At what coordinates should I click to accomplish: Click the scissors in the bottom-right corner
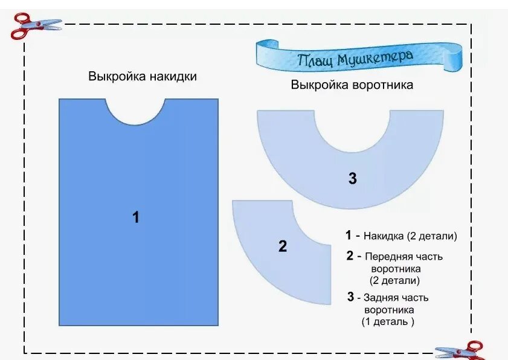462,350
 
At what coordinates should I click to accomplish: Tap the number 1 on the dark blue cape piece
136,217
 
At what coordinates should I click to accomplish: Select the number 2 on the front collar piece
283,246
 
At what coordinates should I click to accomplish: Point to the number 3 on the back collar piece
353,178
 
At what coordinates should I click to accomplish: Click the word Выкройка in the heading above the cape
115,77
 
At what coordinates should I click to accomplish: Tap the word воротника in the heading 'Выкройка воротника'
383,85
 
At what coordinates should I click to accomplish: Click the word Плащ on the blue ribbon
315,60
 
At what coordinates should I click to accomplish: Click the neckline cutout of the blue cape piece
135,109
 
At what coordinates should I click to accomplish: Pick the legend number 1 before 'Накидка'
349,236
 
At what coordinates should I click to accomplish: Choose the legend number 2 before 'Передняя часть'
350,256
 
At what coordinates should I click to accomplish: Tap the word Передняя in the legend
385,256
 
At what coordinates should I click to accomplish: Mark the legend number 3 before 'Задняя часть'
350,297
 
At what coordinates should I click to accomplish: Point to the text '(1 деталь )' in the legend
388,321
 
